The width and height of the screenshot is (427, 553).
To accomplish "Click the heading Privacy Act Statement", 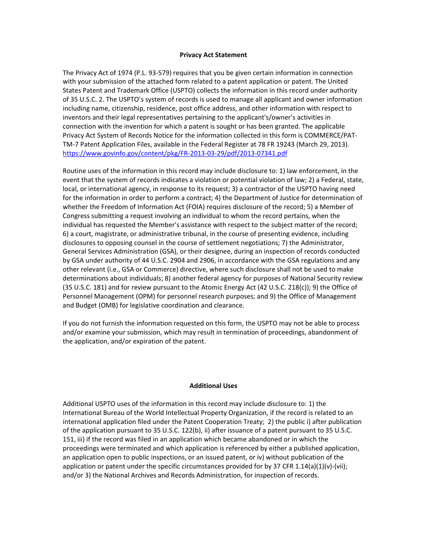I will pyautogui.click(x=213, y=55).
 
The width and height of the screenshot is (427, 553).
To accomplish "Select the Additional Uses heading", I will pyautogui.click(x=213, y=386).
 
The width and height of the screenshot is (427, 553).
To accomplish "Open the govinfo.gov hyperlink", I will pyautogui.click(x=175, y=153).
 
